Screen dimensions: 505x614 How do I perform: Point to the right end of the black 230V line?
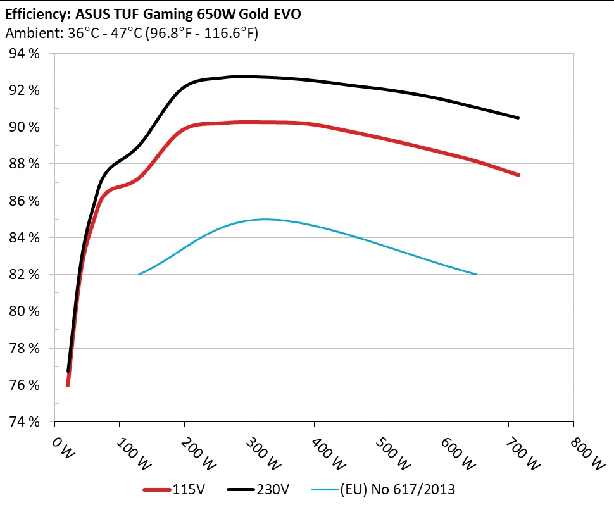(518, 118)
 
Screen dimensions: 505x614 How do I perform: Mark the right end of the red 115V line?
(518, 175)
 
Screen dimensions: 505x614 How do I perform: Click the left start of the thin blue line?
(139, 274)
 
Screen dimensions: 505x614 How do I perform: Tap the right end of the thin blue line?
(476, 274)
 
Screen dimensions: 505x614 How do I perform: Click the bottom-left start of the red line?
(68, 385)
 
